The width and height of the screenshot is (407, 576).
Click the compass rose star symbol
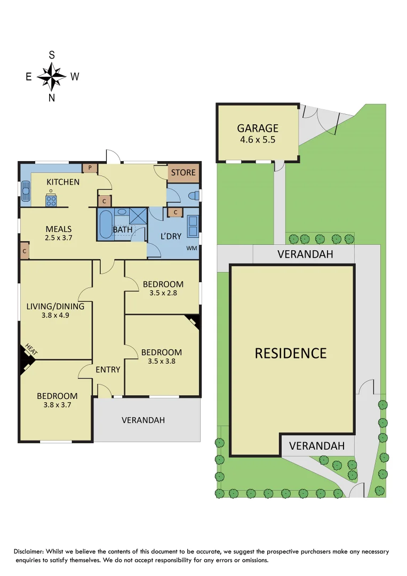click(x=52, y=76)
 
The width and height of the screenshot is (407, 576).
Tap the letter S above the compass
click(x=52, y=55)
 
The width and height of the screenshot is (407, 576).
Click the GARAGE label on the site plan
click(x=258, y=128)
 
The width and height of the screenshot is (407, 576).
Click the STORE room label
click(x=183, y=172)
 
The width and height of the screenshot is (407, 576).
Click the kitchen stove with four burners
click(x=51, y=201)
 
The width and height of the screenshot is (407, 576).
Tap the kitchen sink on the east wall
click(x=26, y=190)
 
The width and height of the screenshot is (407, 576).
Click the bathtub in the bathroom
click(x=105, y=224)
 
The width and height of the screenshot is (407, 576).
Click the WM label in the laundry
click(x=191, y=249)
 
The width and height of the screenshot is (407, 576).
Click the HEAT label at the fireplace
click(x=31, y=351)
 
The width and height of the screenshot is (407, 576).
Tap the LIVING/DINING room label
click(x=55, y=306)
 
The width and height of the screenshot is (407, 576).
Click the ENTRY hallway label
click(x=108, y=369)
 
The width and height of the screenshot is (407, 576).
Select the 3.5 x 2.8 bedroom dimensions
click(x=163, y=293)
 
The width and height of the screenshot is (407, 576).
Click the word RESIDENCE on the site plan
click(x=290, y=353)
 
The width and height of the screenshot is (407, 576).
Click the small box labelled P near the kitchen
click(x=90, y=168)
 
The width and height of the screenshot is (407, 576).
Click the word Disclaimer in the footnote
click(x=30, y=551)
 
